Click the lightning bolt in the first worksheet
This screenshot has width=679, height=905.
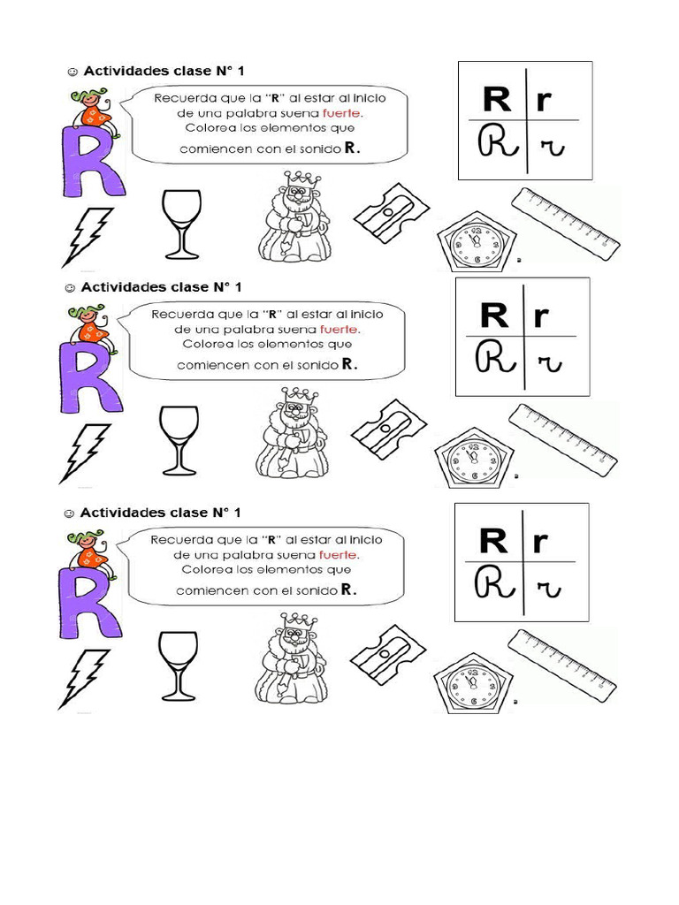click(87, 236)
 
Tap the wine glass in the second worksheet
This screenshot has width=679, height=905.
click(179, 440)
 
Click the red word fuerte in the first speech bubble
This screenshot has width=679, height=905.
click(342, 112)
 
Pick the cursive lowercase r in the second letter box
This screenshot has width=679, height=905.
click(550, 360)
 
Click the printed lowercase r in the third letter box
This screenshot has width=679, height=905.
click(539, 540)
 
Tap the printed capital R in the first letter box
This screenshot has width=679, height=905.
click(496, 99)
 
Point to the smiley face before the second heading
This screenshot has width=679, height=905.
click(68, 287)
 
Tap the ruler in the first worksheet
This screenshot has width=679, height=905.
click(565, 222)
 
